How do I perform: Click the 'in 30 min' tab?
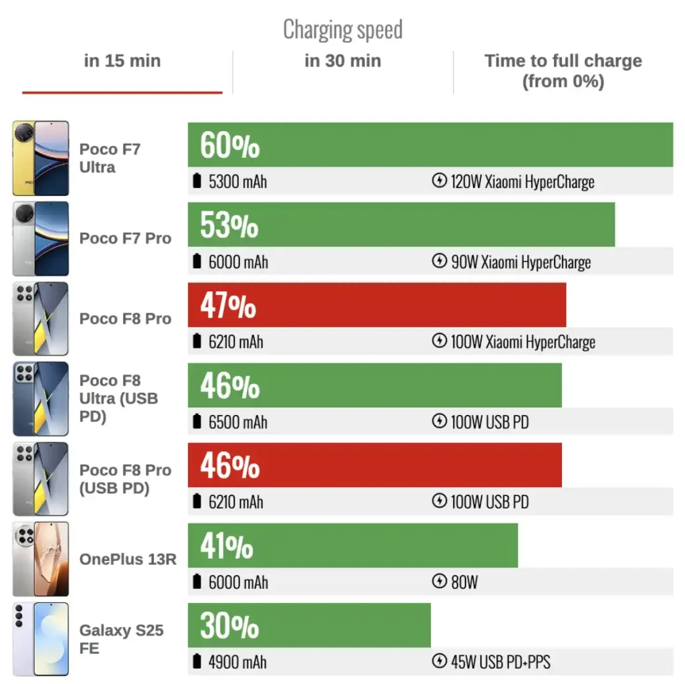coord(342,61)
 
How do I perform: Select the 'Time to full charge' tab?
coord(563,71)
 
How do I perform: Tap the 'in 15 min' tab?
coord(122,61)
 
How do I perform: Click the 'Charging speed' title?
coord(342,29)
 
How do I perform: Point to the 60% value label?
coord(229,145)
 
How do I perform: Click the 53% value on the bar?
coord(229,226)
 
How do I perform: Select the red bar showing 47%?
coord(377,305)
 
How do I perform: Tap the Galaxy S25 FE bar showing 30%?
coord(309,626)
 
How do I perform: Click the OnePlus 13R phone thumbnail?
coord(41,559)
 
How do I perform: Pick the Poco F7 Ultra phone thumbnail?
coord(41,159)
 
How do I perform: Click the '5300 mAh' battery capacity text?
coord(237,181)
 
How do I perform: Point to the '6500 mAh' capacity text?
coord(237,422)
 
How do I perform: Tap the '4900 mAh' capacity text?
coord(237,662)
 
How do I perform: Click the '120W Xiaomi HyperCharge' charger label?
coord(522,181)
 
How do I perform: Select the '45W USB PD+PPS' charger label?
coord(500,662)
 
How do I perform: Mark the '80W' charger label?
coord(464,582)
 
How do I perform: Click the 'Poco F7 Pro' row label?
coord(125,238)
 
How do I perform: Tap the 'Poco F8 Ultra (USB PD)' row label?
coord(118,398)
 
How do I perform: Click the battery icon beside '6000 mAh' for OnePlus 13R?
coord(197,582)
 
